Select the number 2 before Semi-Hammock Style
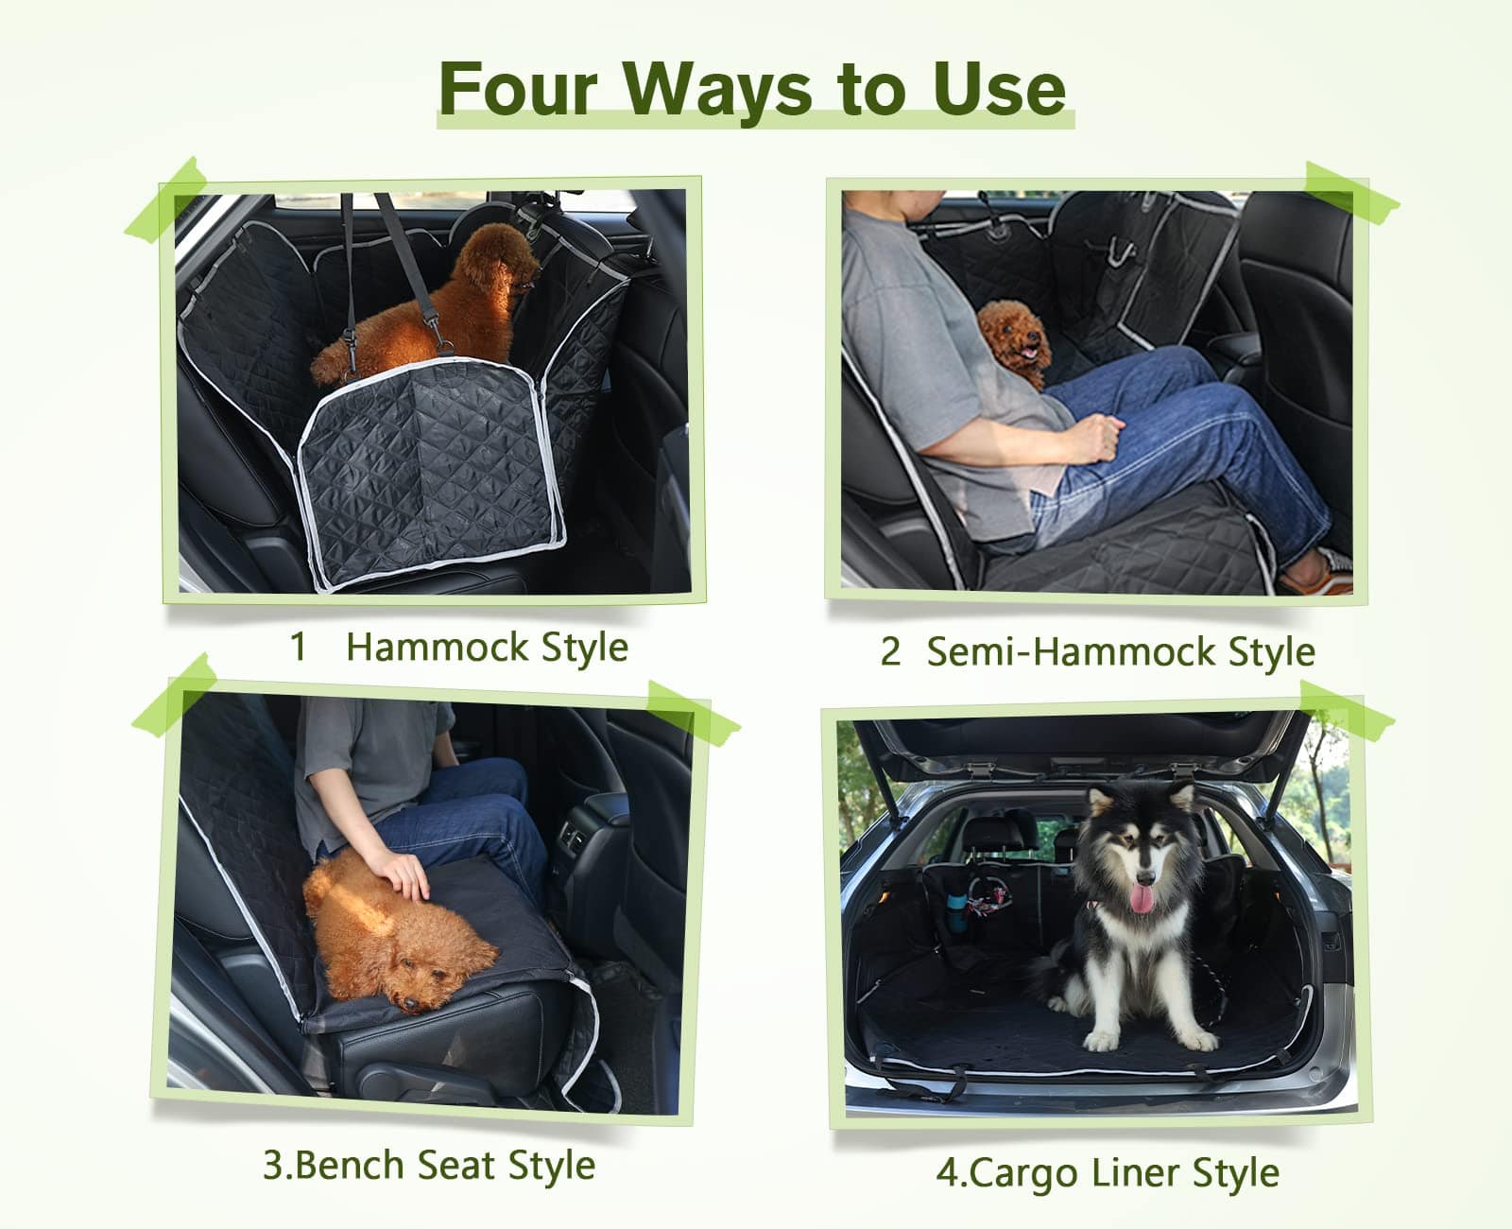[890, 652]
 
